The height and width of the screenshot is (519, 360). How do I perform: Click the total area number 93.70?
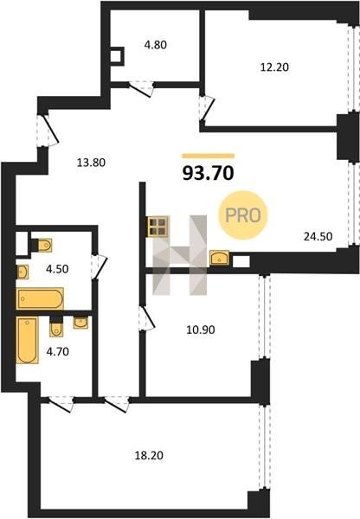[209, 173]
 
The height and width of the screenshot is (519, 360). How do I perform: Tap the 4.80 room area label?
[155, 45]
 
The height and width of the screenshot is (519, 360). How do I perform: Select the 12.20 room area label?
[274, 67]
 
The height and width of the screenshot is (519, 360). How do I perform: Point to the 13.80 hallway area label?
[91, 163]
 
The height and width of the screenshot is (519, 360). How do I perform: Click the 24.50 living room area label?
[318, 236]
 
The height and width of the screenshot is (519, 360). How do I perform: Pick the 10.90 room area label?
[201, 330]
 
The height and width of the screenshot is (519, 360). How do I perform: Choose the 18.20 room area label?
[149, 456]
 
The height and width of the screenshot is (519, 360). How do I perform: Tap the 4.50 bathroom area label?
[57, 269]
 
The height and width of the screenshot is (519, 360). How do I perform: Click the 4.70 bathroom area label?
[58, 351]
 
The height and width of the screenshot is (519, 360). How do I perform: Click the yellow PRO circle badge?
[243, 215]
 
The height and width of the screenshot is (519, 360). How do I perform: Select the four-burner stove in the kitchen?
[157, 227]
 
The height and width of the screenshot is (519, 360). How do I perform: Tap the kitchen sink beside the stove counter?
[219, 258]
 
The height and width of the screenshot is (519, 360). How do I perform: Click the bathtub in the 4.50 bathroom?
[40, 298]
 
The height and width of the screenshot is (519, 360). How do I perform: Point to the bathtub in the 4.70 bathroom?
[28, 340]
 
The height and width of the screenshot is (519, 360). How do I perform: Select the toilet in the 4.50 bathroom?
[42, 246]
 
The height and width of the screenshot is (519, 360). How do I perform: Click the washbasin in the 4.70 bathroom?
[80, 323]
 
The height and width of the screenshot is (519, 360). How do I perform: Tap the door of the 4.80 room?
[141, 88]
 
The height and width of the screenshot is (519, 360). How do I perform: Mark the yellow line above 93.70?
[209, 156]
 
